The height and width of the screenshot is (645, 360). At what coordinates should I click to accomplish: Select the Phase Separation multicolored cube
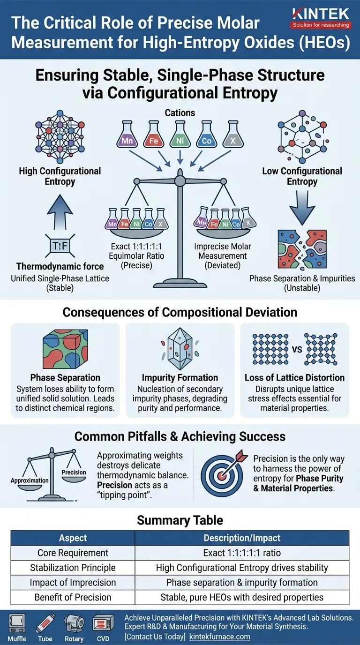(65, 347)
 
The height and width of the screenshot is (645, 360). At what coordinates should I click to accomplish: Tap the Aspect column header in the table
(73, 538)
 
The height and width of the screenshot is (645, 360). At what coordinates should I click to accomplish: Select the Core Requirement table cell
(73, 553)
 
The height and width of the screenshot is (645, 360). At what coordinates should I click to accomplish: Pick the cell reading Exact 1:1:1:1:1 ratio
(242, 553)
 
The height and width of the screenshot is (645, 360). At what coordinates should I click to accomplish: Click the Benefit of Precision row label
(73, 597)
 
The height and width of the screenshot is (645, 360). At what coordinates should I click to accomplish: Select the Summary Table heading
(180, 520)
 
